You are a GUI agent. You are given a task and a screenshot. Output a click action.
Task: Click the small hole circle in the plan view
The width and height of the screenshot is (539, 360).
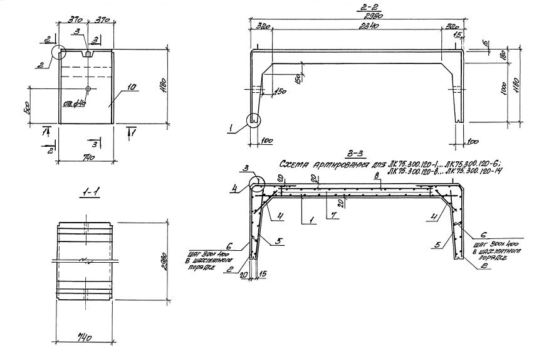tap(88, 88)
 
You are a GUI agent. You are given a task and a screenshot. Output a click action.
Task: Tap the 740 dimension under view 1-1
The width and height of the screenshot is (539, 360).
tap(85, 337)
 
